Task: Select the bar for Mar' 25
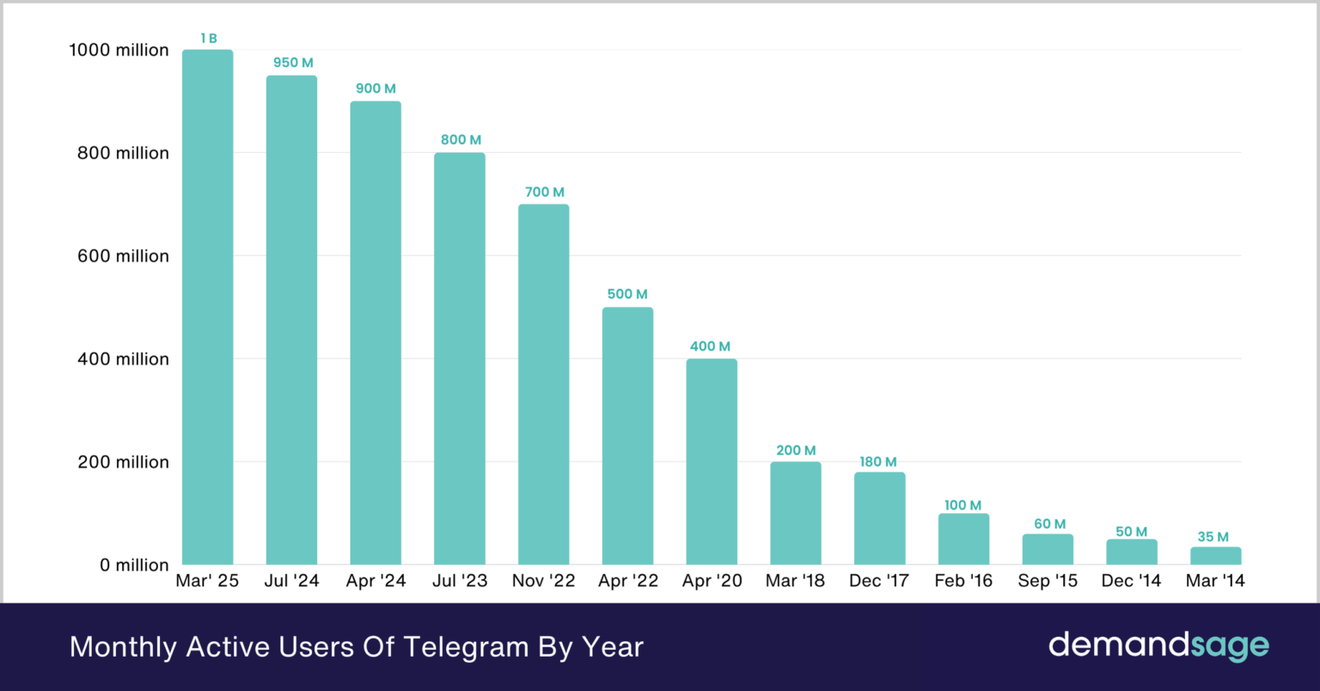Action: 207,307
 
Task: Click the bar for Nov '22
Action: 543,384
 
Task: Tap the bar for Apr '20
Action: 712,462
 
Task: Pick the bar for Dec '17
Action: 879,518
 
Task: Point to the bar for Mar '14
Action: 1215,555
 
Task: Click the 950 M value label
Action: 293,63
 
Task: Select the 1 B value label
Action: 209,38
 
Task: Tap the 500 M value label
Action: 627,294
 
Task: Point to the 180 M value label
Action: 878,462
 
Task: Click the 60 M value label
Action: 1049,524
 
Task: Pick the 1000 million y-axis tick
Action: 119,50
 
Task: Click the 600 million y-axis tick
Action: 123,256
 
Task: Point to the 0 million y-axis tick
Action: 134,565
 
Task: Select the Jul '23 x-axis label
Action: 460,581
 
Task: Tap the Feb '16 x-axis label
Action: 963,581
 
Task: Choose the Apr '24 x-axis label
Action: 376,581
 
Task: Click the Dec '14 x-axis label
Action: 1131,581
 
